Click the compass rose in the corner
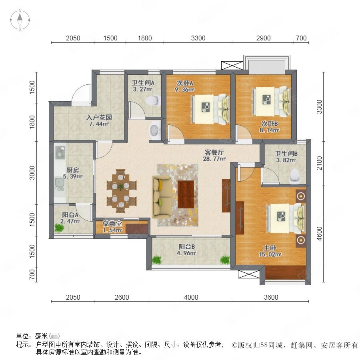pyautogui.click(x=20, y=20)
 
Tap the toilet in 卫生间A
pyautogui.click(x=153, y=100)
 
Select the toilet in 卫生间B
pyautogui.click(x=295, y=176)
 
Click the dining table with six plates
pyautogui.click(x=121, y=191)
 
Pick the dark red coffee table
pyautogui.click(x=186, y=194)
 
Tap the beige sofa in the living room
pyautogui.click(x=162, y=197)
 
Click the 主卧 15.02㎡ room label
pyautogui.click(x=270, y=251)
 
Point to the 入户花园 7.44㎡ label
pyautogui.click(x=99, y=121)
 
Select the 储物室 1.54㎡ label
pyautogui.click(x=112, y=227)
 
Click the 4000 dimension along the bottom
pyautogui.click(x=191, y=297)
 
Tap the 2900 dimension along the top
pyautogui.click(x=263, y=38)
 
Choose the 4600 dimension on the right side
pyautogui.click(x=319, y=234)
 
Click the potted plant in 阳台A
pyautogui.click(x=59, y=228)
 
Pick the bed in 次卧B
pyautogui.click(x=272, y=101)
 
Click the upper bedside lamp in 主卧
pyautogui.click(x=300, y=196)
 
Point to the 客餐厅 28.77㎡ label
pyautogui.click(x=214, y=156)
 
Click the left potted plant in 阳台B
pyautogui.click(x=157, y=260)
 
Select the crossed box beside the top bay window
pyautogui.click(x=232, y=66)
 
